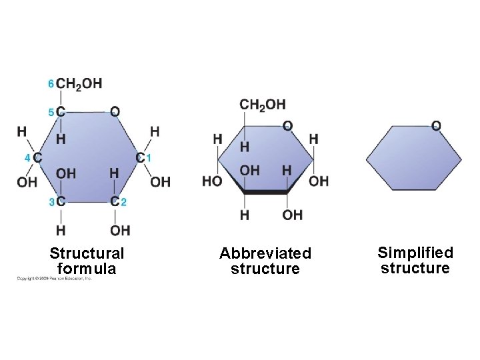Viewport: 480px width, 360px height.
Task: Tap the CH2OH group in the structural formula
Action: pos(79,83)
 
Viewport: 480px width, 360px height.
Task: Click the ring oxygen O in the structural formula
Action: pos(115,111)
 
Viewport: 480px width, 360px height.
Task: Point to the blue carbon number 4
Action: pos(27,158)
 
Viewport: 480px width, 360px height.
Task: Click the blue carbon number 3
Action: pos(51,201)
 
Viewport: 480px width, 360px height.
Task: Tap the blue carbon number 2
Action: pos(124,201)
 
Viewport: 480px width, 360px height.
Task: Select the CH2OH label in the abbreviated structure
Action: pos(262,105)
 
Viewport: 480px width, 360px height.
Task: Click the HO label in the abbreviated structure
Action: pos(212,181)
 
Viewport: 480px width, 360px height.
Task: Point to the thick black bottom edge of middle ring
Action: pos(266,192)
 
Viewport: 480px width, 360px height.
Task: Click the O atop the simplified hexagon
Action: pos(436,125)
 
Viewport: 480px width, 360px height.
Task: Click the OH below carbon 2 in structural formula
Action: pos(120,231)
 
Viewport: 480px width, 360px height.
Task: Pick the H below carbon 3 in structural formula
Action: pos(61,231)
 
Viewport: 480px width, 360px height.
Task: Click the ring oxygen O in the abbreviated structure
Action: pos(287,125)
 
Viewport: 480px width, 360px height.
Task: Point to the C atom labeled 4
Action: pos(37,158)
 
